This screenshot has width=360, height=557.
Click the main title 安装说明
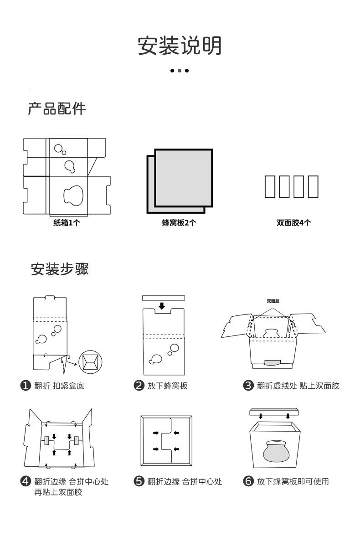click(x=180, y=46)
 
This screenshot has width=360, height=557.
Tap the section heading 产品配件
click(x=57, y=109)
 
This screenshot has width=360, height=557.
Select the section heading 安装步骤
click(x=60, y=269)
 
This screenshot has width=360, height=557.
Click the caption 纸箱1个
click(x=67, y=223)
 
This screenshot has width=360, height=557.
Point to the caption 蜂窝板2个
click(x=180, y=223)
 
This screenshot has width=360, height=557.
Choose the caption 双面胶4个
click(x=294, y=223)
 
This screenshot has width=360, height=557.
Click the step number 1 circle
click(x=26, y=386)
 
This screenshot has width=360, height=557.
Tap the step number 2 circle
click(x=139, y=386)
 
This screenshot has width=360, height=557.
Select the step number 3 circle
click(x=248, y=386)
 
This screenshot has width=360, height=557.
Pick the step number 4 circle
click(x=26, y=482)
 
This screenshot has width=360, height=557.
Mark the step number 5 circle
click(x=139, y=482)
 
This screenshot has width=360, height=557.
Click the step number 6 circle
click(x=248, y=482)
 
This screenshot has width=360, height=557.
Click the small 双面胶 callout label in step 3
click(x=273, y=301)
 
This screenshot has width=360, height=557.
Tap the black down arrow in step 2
click(x=162, y=306)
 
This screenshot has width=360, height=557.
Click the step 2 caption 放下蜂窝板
click(x=167, y=386)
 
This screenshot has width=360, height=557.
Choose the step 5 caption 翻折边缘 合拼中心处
click(x=185, y=482)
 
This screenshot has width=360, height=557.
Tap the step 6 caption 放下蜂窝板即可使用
click(x=293, y=482)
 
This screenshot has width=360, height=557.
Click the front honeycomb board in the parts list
click(x=184, y=178)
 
